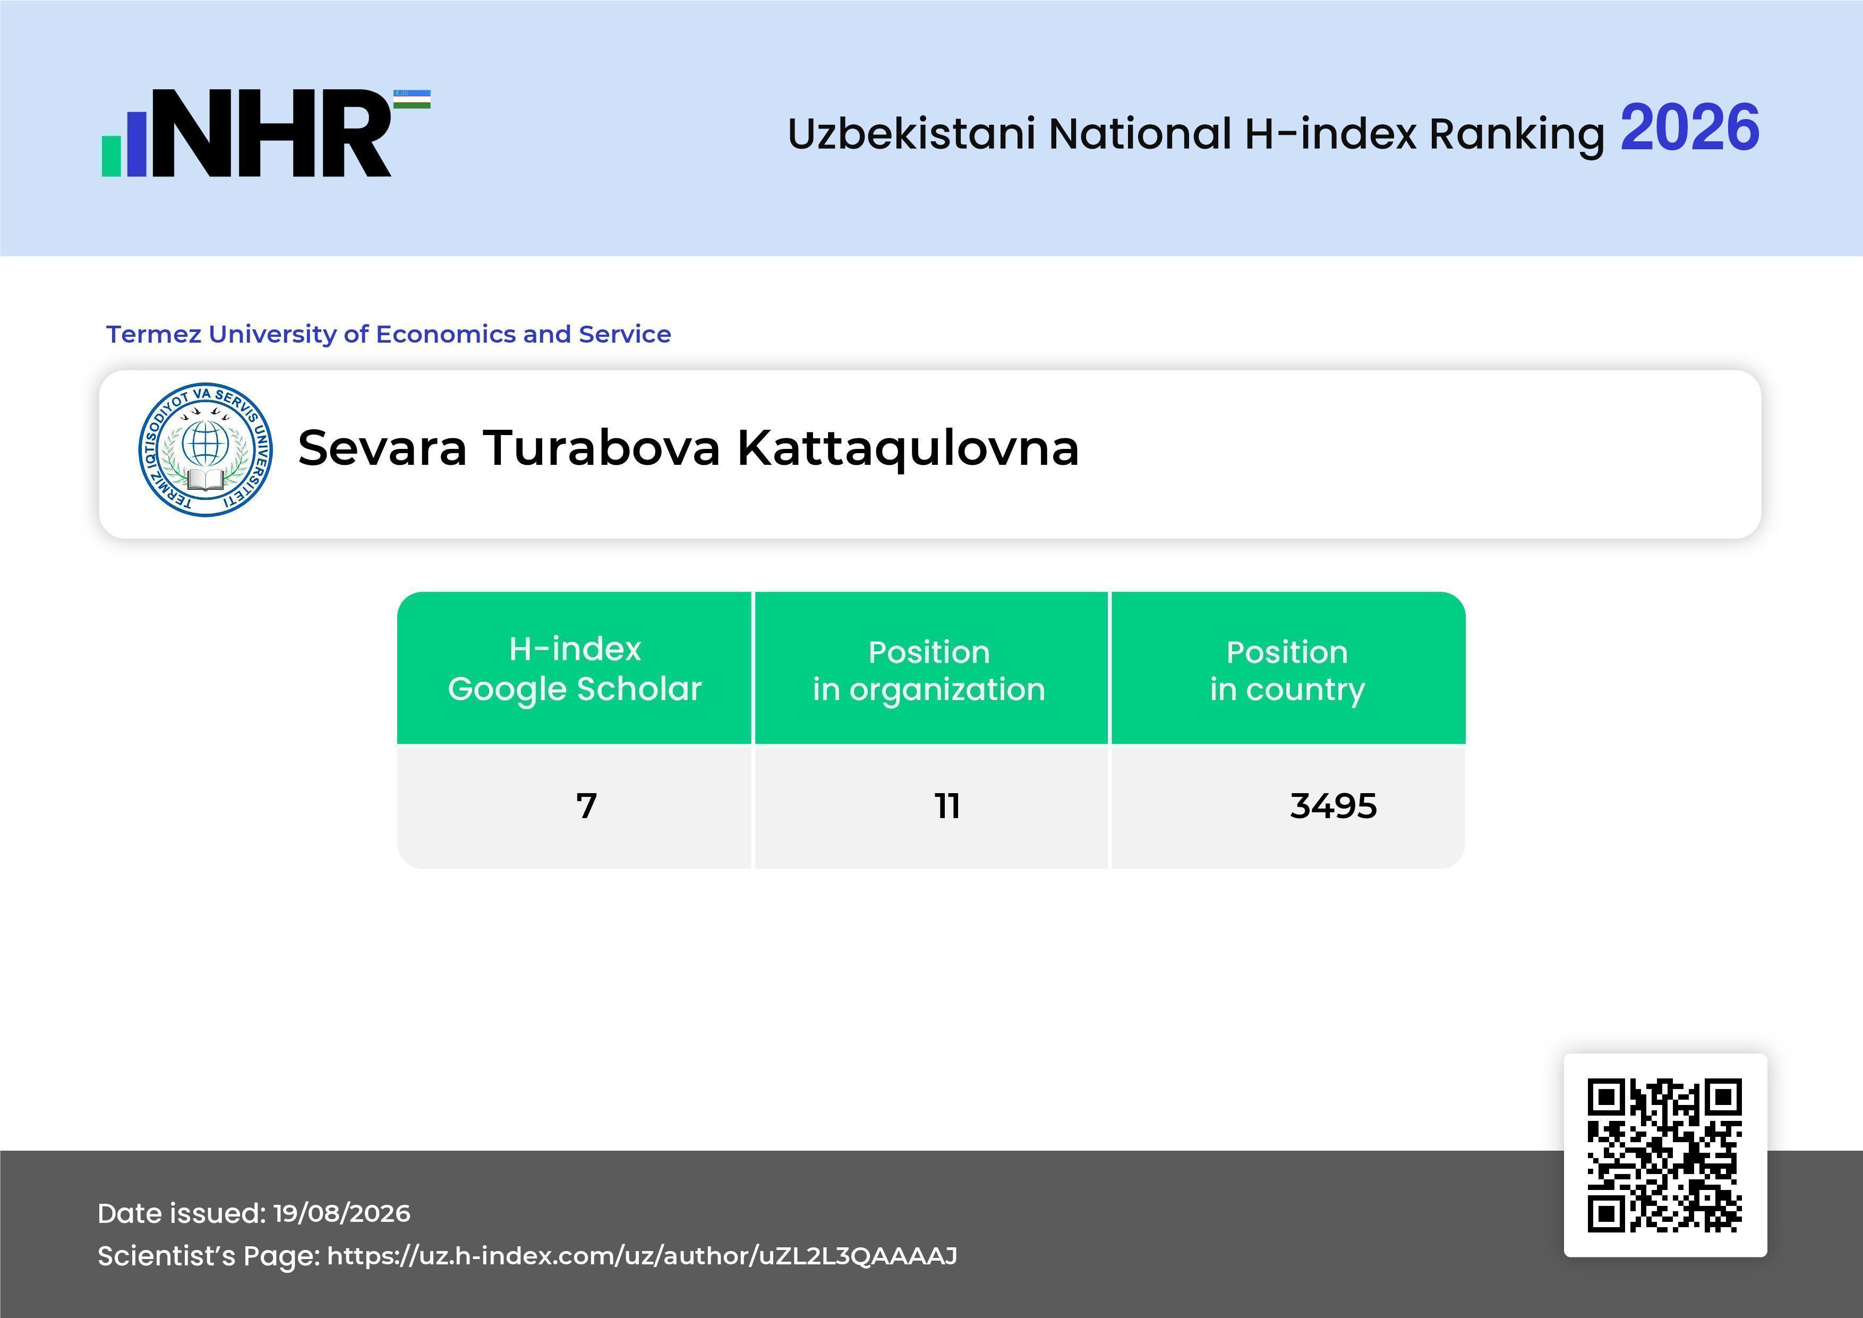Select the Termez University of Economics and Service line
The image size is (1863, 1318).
click(x=389, y=334)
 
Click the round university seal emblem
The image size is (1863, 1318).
click(x=206, y=449)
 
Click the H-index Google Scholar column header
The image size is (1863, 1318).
click(x=575, y=668)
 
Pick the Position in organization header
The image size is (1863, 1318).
click(x=929, y=670)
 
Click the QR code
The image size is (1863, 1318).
click(x=1665, y=1155)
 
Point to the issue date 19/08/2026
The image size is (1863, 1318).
click(x=341, y=1213)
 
